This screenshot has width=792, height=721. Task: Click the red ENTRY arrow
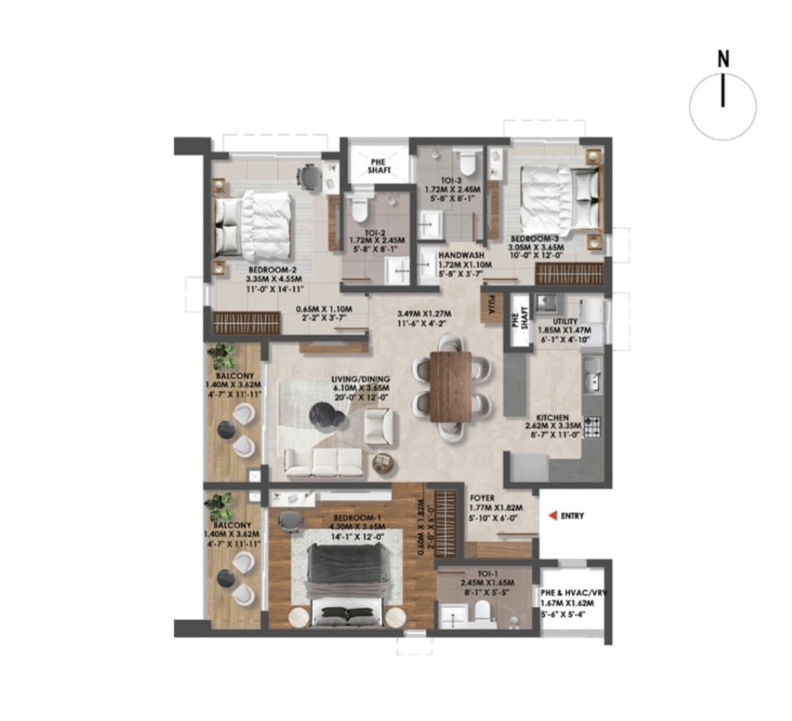tap(552, 515)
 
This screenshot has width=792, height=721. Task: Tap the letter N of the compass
tap(722, 59)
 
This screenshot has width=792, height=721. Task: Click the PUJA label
tap(492, 308)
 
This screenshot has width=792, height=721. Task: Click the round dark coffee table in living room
tap(324, 416)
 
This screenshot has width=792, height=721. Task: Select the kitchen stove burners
tap(592, 424)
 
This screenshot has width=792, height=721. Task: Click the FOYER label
tap(481, 496)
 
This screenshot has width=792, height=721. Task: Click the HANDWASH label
tap(460, 255)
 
